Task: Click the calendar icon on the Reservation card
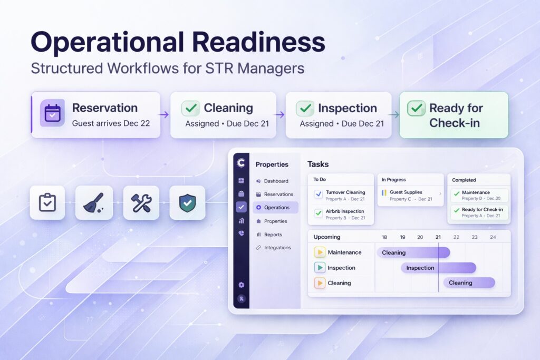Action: (52, 113)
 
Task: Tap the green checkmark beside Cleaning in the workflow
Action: (190, 108)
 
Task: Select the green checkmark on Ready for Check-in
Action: (416, 108)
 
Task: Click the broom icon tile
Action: (94, 203)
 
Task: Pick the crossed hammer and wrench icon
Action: (141, 203)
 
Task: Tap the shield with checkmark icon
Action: (187, 203)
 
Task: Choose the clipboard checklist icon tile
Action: (47, 203)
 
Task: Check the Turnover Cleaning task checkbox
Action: (319, 194)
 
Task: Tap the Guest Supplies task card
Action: (410, 195)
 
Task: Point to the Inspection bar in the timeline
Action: (438, 268)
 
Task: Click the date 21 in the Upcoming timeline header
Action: (438, 237)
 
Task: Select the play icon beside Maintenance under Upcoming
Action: (320, 252)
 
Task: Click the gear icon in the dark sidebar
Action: (242, 285)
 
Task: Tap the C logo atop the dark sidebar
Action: (241, 162)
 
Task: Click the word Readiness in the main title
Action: (258, 42)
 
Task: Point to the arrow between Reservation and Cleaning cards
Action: (165, 114)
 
